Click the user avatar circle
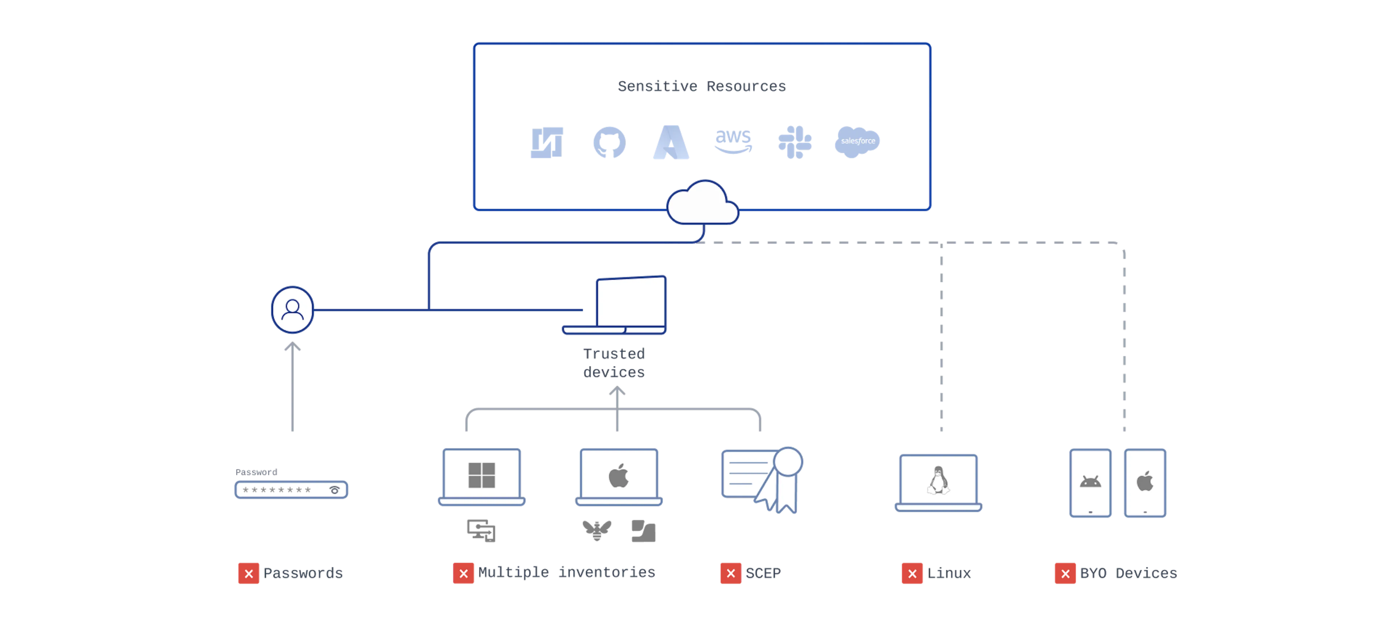coord(292,310)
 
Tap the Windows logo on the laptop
coord(481,475)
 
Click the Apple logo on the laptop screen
coord(619,476)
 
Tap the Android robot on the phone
coord(1090,481)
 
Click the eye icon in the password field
coord(335,490)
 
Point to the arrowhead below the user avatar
coord(292,347)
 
